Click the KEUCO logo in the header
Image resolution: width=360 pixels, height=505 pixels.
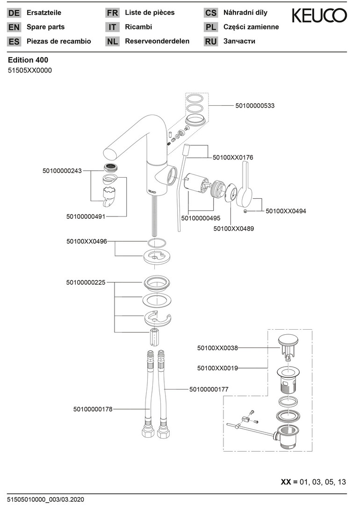[319, 16]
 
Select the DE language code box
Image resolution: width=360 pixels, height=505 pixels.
[14, 13]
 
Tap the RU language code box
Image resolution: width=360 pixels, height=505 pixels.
[211, 42]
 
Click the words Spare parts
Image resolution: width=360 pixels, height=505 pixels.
[46, 27]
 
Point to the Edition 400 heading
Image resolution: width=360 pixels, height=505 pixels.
[28, 60]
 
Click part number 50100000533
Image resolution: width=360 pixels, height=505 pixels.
[255, 106]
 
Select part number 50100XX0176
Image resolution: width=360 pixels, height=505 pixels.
[233, 158]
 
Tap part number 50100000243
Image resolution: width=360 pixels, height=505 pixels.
[62, 171]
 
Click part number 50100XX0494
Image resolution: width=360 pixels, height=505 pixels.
[286, 211]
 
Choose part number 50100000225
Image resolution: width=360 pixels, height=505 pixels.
[86, 282]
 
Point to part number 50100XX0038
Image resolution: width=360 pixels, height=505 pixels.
[217, 348]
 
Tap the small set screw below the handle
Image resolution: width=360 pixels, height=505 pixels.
[246, 211]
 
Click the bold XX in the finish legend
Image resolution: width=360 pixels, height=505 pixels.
[286, 482]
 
